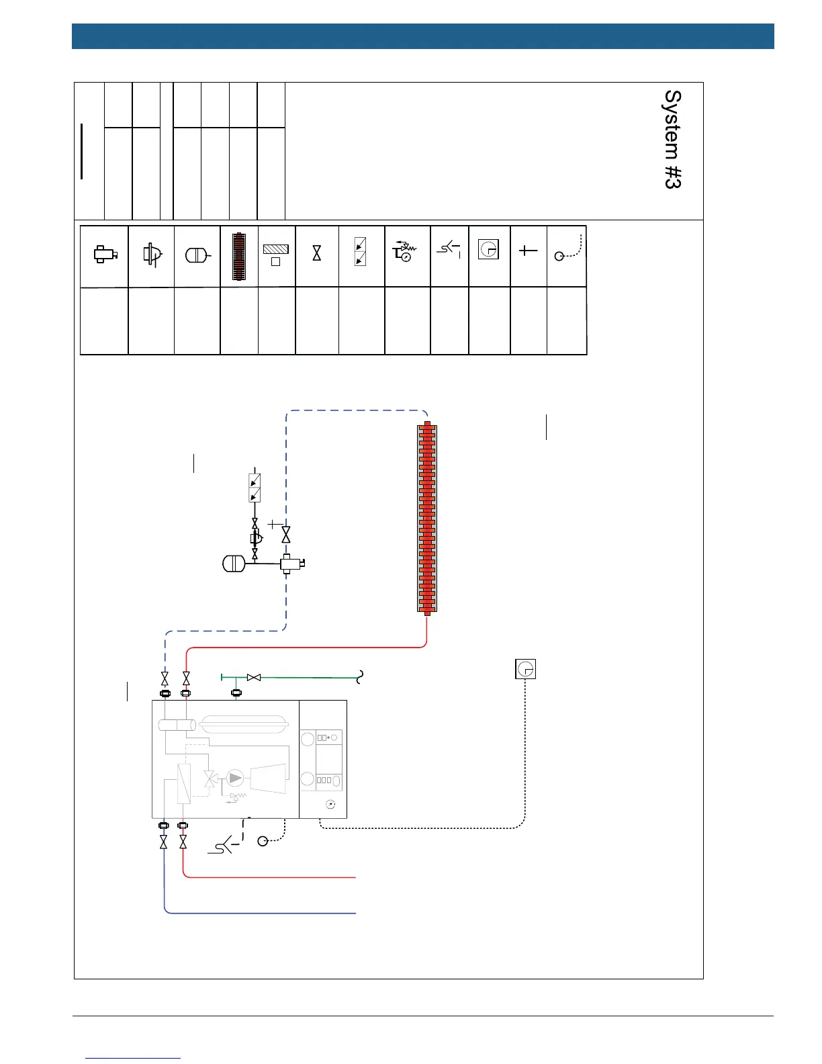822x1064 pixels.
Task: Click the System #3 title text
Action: click(673, 140)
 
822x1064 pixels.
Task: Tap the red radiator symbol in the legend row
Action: click(239, 256)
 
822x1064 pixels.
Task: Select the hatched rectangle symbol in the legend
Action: click(275, 249)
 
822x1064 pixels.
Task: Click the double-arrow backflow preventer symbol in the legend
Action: click(360, 252)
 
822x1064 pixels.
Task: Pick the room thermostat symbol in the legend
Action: click(488, 250)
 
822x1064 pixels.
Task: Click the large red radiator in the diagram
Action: click(427, 517)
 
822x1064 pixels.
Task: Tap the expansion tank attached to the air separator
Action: click(234, 563)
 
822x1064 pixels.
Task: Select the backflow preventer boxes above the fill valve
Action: click(255, 488)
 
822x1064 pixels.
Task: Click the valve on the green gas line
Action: click(254, 678)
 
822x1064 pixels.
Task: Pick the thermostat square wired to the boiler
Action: click(525, 669)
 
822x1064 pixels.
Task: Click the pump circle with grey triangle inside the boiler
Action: click(235, 778)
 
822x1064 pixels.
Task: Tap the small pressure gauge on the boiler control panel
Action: click(330, 804)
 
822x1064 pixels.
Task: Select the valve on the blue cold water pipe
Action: click(164, 842)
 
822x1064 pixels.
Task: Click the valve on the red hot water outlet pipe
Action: click(183, 842)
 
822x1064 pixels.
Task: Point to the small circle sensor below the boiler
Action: click(263, 841)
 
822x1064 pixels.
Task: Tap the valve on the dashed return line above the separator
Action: click(286, 535)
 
